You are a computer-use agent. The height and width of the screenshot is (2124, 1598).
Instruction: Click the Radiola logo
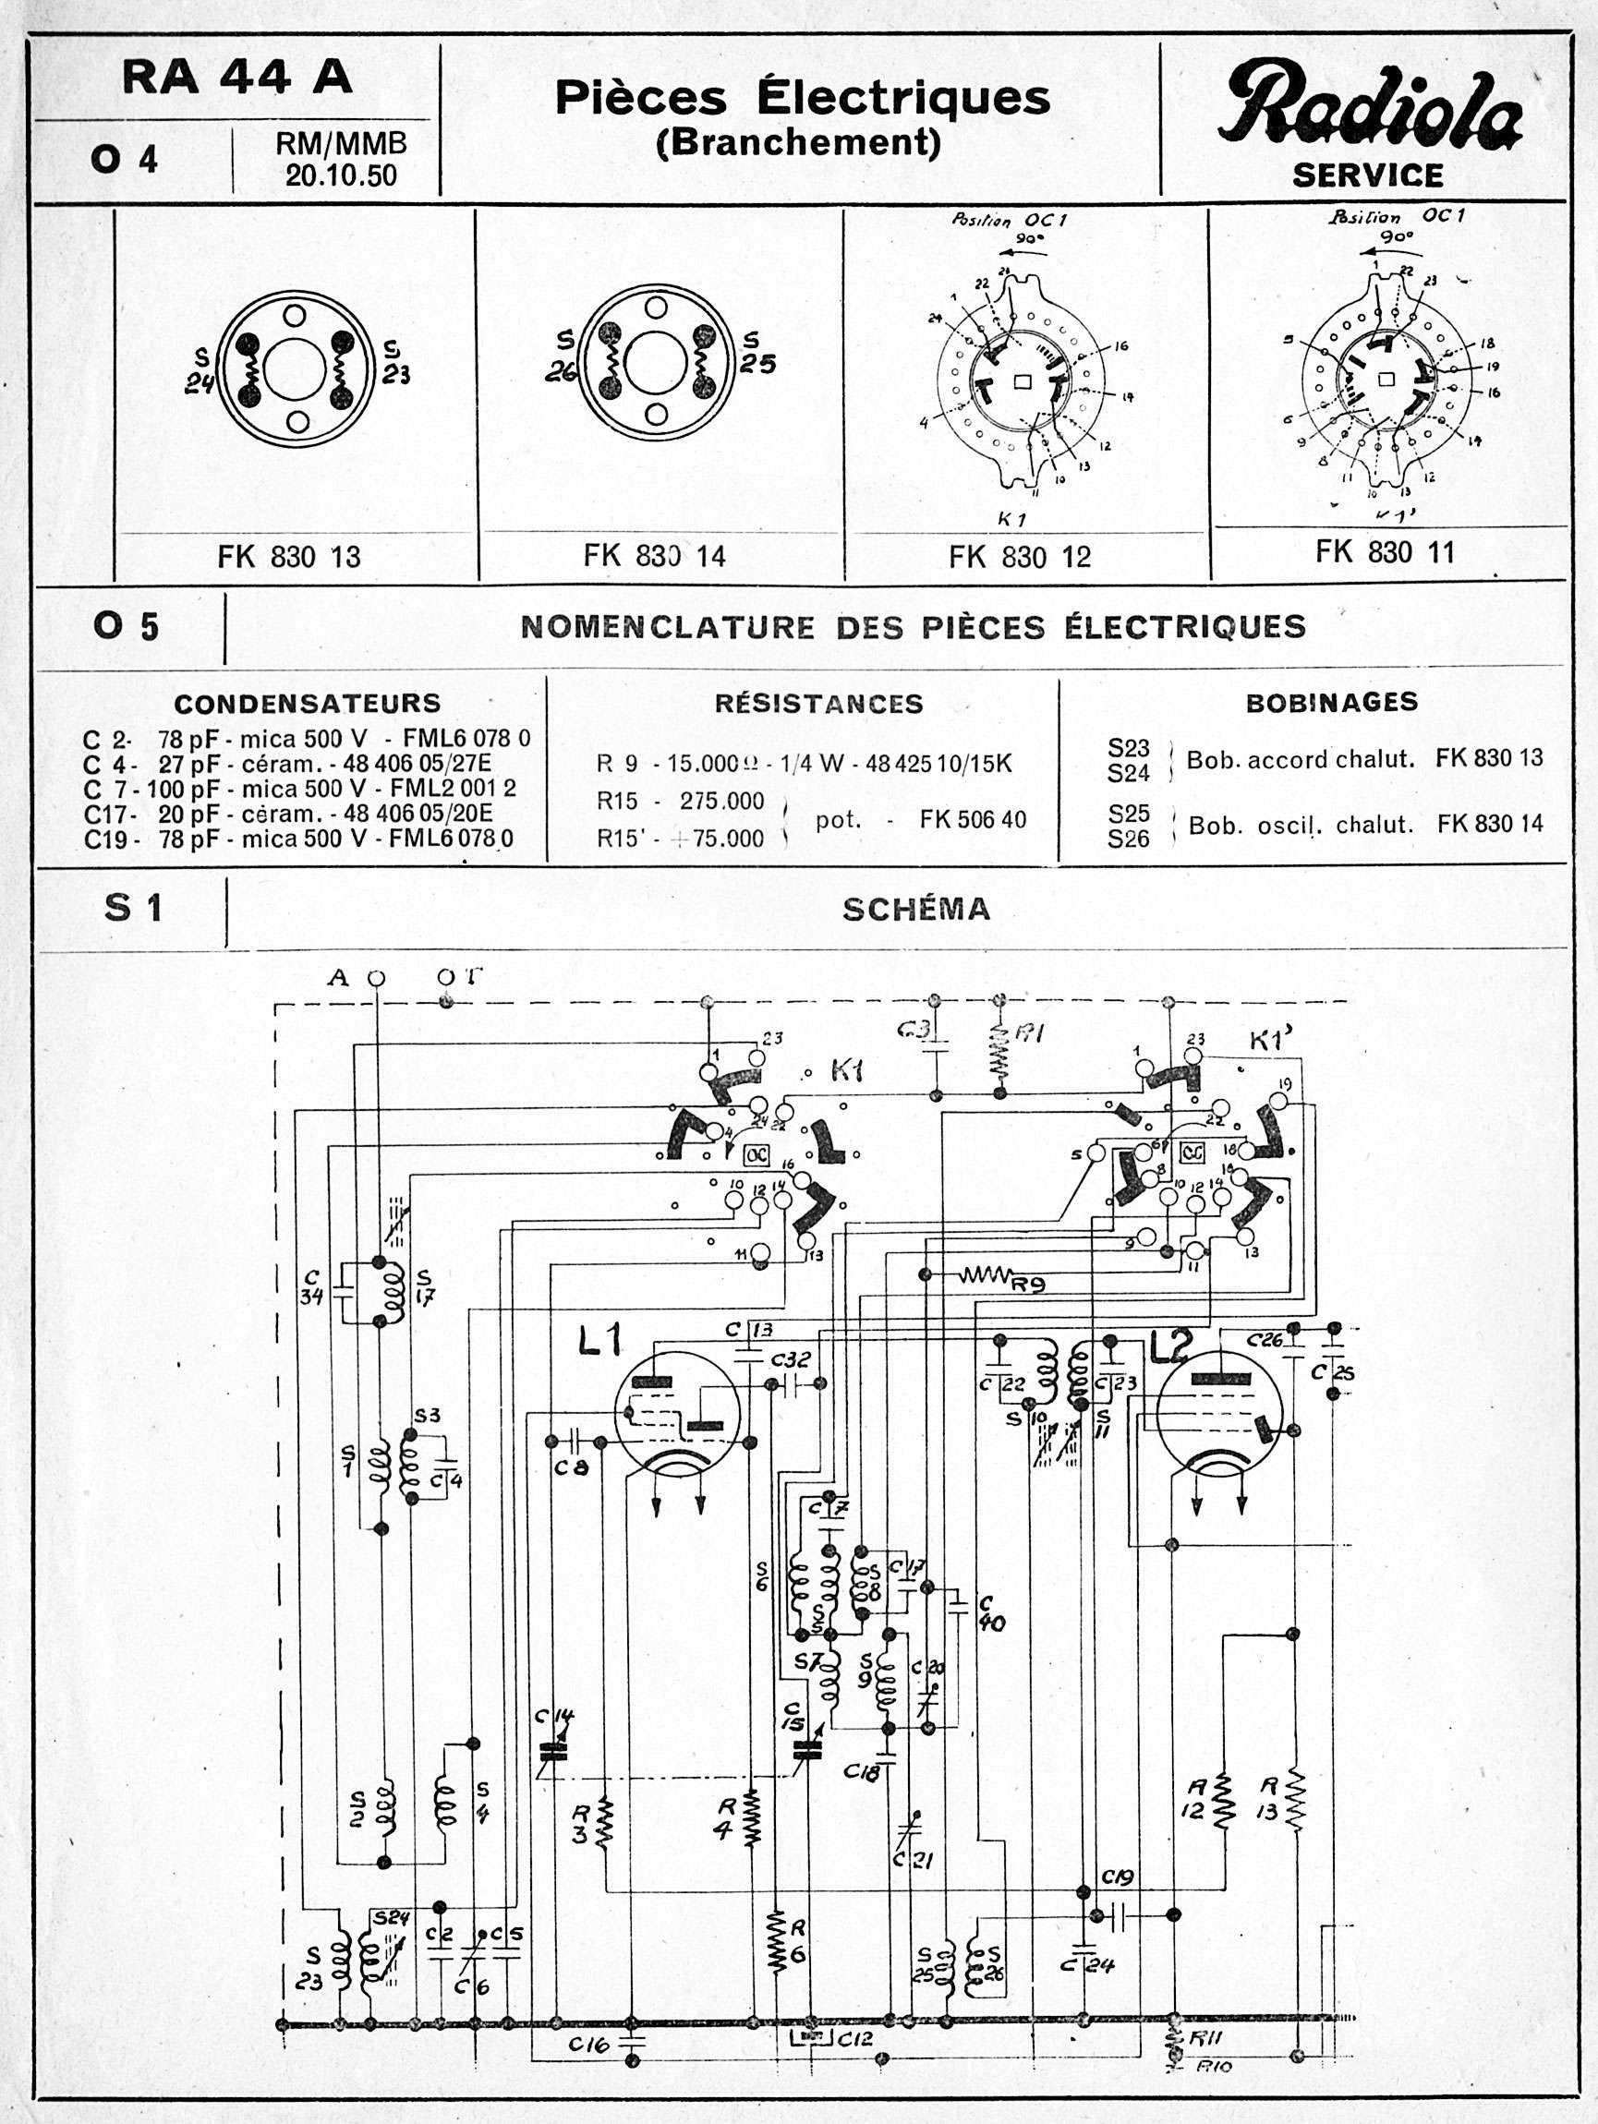pyautogui.click(x=1370, y=108)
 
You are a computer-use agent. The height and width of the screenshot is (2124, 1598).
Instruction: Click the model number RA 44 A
pyautogui.click(x=237, y=78)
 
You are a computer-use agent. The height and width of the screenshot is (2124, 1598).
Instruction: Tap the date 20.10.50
pyautogui.click(x=341, y=175)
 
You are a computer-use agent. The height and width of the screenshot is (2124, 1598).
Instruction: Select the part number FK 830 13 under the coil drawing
pyautogui.click(x=289, y=557)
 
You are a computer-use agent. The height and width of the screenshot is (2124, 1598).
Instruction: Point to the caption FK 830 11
pyautogui.click(x=1385, y=552)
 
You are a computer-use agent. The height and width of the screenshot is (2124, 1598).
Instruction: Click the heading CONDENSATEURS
pyautogui.click(x=308, y=703)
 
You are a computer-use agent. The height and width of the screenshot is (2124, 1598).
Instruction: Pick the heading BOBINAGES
pyautogui.click(x=1331, y=702)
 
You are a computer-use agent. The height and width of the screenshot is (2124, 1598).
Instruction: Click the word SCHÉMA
pyautogui.click(x=916, y=910)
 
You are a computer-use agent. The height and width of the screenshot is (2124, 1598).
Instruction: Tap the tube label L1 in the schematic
pyautogui.click(x=600, y=1339)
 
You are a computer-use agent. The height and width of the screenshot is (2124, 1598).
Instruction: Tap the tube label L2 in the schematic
pyautogui.click(x=1172, y=1347)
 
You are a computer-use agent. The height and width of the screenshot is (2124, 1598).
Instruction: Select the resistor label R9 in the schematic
pyautogui.click(x=1027, y=1284)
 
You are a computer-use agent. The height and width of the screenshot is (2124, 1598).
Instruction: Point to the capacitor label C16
pyautogui.click(x=588, y=2046)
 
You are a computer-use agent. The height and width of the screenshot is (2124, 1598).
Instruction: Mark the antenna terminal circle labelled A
pyautogui.click(x=377, y=979)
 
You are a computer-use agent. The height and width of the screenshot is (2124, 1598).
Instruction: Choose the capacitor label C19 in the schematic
pyautogui.click(x=1118, y=1877)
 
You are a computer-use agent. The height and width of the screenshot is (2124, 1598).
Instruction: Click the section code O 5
pyautogui.click(x=126, y=627)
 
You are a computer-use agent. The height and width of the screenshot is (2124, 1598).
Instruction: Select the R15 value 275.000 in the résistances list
pyautogui.click(x=721, y=801)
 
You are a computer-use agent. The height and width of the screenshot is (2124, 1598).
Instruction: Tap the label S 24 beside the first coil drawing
pyautogui.click(x=200, y=369)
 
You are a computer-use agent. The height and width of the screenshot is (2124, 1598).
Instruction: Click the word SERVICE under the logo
pyautogui.click(x=1367, y=175)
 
